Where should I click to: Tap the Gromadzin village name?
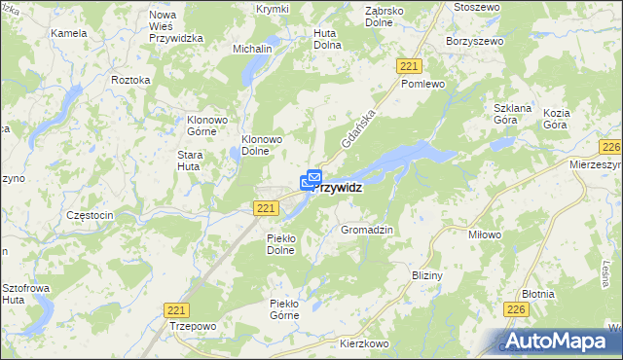(366, 230)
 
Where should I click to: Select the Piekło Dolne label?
(287, 243)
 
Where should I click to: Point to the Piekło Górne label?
(290, 309)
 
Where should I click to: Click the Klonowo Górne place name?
(206, 126)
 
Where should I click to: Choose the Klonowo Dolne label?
(262, 145)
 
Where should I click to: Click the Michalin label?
(252, 48)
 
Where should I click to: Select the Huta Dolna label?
(327, 38)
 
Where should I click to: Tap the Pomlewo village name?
(422, 85)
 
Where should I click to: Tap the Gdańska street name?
(358, 128)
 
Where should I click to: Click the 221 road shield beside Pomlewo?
(409, 64)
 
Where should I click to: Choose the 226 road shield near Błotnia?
(516, 309)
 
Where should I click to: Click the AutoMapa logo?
(560, 341)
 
